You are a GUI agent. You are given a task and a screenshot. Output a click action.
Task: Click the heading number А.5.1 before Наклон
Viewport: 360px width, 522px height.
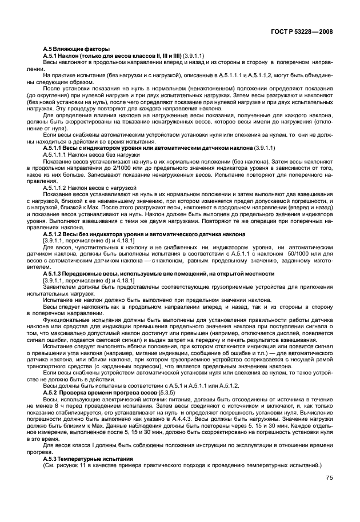pyautogui.click(x=53, y=55)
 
